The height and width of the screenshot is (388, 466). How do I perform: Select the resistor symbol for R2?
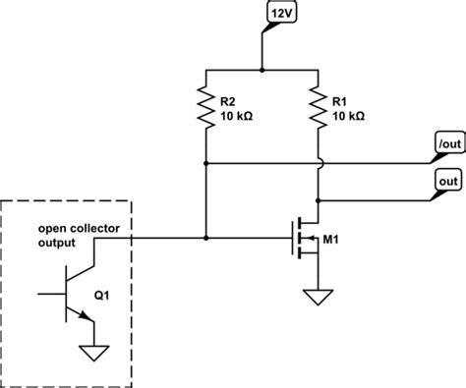tap(205, 107)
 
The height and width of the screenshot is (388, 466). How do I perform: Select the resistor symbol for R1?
tap(317, 107)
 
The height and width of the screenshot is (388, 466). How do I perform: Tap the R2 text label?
tap(226, 100)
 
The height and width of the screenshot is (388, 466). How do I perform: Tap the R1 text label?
tap(340, 100)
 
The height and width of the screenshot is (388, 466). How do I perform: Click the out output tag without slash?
tap(443, 181)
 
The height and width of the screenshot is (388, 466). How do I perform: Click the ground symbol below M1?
tap(317, 298)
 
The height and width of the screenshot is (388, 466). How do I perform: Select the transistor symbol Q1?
tap(71, 293)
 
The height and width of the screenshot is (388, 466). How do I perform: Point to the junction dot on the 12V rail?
tap(261, 71)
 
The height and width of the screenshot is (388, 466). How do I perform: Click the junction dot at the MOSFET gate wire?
tap(205, 237)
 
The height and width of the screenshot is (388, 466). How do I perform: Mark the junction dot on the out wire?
tap(317, 199)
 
